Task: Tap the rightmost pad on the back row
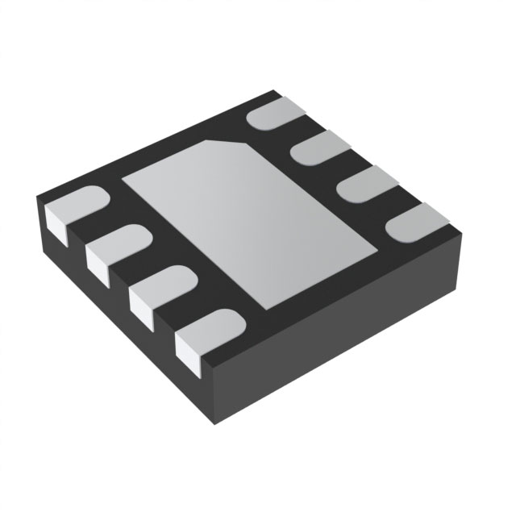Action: pos(416,221)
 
